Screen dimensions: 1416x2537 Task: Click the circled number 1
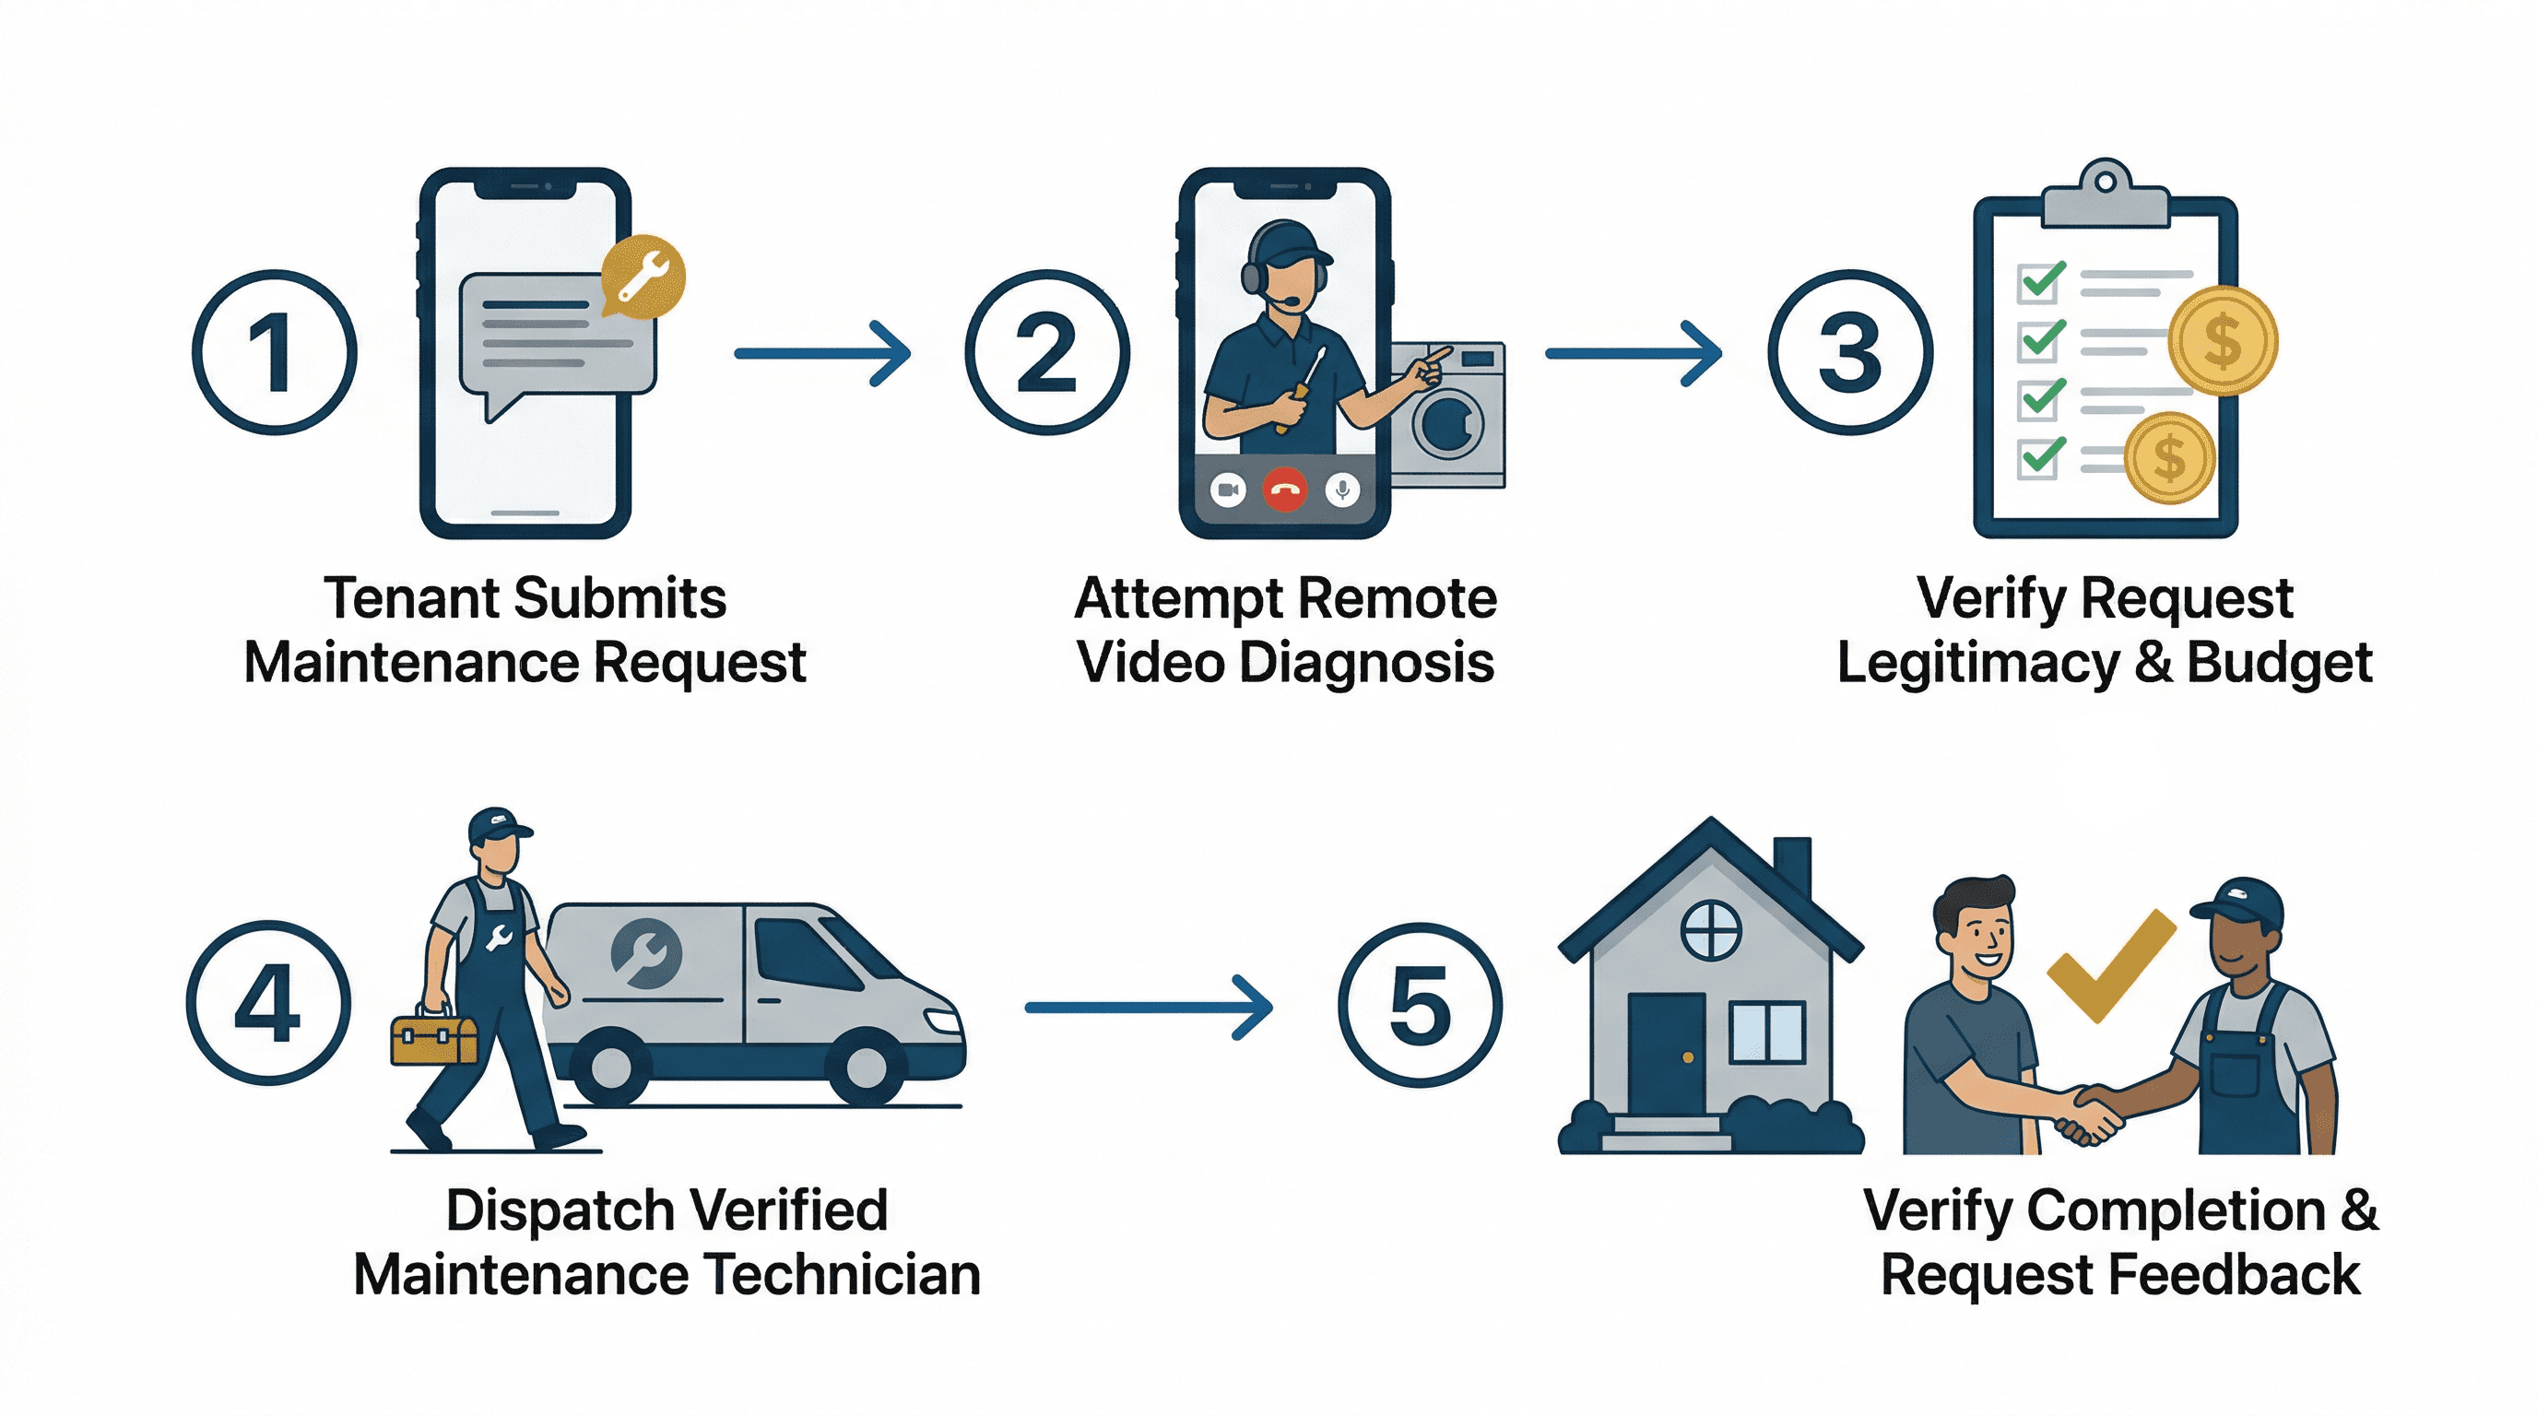(274, 352)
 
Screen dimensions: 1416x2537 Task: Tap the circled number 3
(1848, 352)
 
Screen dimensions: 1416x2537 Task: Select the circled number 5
(1419, 1005)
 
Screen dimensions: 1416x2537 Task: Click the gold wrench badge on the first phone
(643, 276)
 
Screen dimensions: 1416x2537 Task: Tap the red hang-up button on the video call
(1284, 490)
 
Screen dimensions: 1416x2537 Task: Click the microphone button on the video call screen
(1341, 490)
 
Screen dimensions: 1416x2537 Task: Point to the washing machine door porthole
(1447, 424)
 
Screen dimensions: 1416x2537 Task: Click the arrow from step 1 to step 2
(822, 352)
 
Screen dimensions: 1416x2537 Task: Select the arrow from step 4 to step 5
(1148, 1007)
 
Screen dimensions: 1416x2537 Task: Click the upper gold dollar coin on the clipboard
(2223, 341)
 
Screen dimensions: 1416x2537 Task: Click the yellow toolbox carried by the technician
(433, 1039)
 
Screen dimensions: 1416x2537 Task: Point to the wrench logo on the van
(645, 952)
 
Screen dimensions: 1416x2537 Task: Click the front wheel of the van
(867, 1066)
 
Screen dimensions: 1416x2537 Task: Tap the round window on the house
(1710, 929)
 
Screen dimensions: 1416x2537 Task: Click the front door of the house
(1666, 1054)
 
